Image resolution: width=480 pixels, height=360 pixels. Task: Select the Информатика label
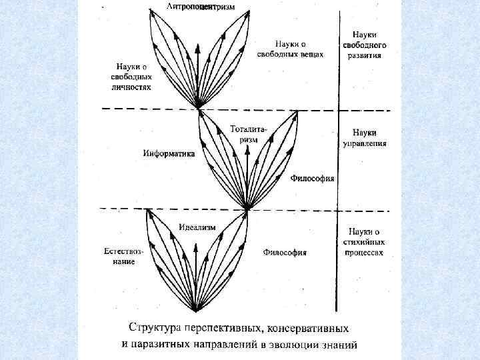point(169,153)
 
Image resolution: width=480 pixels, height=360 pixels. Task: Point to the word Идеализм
point(197,227)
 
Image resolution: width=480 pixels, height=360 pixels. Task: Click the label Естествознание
point(124,257)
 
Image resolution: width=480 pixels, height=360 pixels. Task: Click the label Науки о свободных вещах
point(295,49)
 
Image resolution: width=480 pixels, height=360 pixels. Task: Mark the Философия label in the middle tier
point(313,179)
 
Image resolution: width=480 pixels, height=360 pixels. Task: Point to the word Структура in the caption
point(157,329)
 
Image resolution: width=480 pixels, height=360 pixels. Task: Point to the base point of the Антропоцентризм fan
point(198,107)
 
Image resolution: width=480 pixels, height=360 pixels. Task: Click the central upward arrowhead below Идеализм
point(197,246)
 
